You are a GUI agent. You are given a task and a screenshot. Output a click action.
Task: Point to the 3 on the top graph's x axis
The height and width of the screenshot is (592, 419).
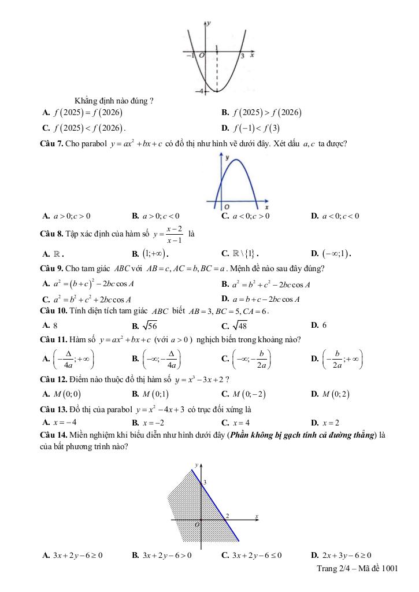pos(243,56)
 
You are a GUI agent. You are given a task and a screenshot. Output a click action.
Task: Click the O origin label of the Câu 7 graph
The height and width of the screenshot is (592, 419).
pos(227,206)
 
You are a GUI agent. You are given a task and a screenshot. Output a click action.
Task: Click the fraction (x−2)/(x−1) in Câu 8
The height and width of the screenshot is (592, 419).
pos(173,234)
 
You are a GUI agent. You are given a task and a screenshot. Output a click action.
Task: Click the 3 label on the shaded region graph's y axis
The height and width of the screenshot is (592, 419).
pos(205,482)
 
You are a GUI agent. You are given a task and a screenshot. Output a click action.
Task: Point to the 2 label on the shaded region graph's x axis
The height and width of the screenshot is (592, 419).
pos(227,516)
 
